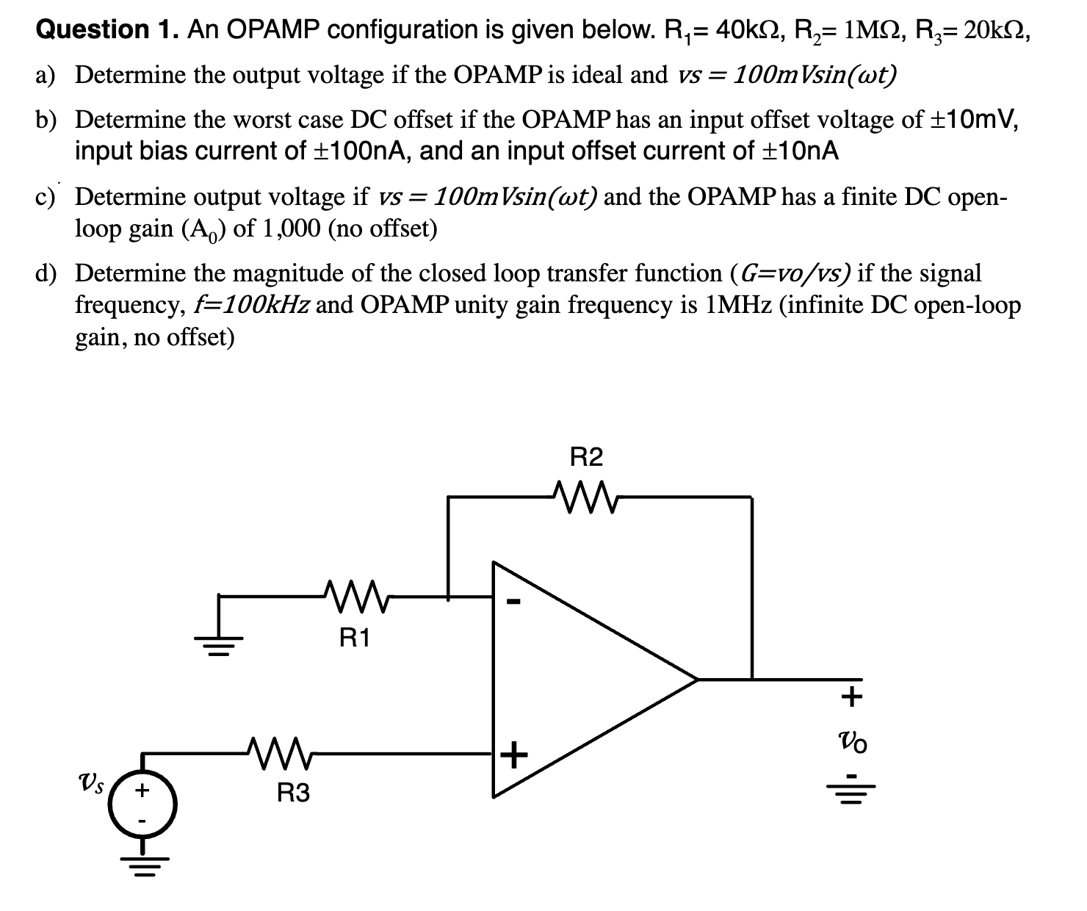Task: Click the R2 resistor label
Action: tap(586, 458)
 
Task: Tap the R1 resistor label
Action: tap(355, 638)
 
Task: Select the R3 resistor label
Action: tap(293, 793)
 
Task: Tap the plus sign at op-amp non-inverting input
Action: tap(515, 755)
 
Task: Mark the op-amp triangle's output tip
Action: tap(695, 680)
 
